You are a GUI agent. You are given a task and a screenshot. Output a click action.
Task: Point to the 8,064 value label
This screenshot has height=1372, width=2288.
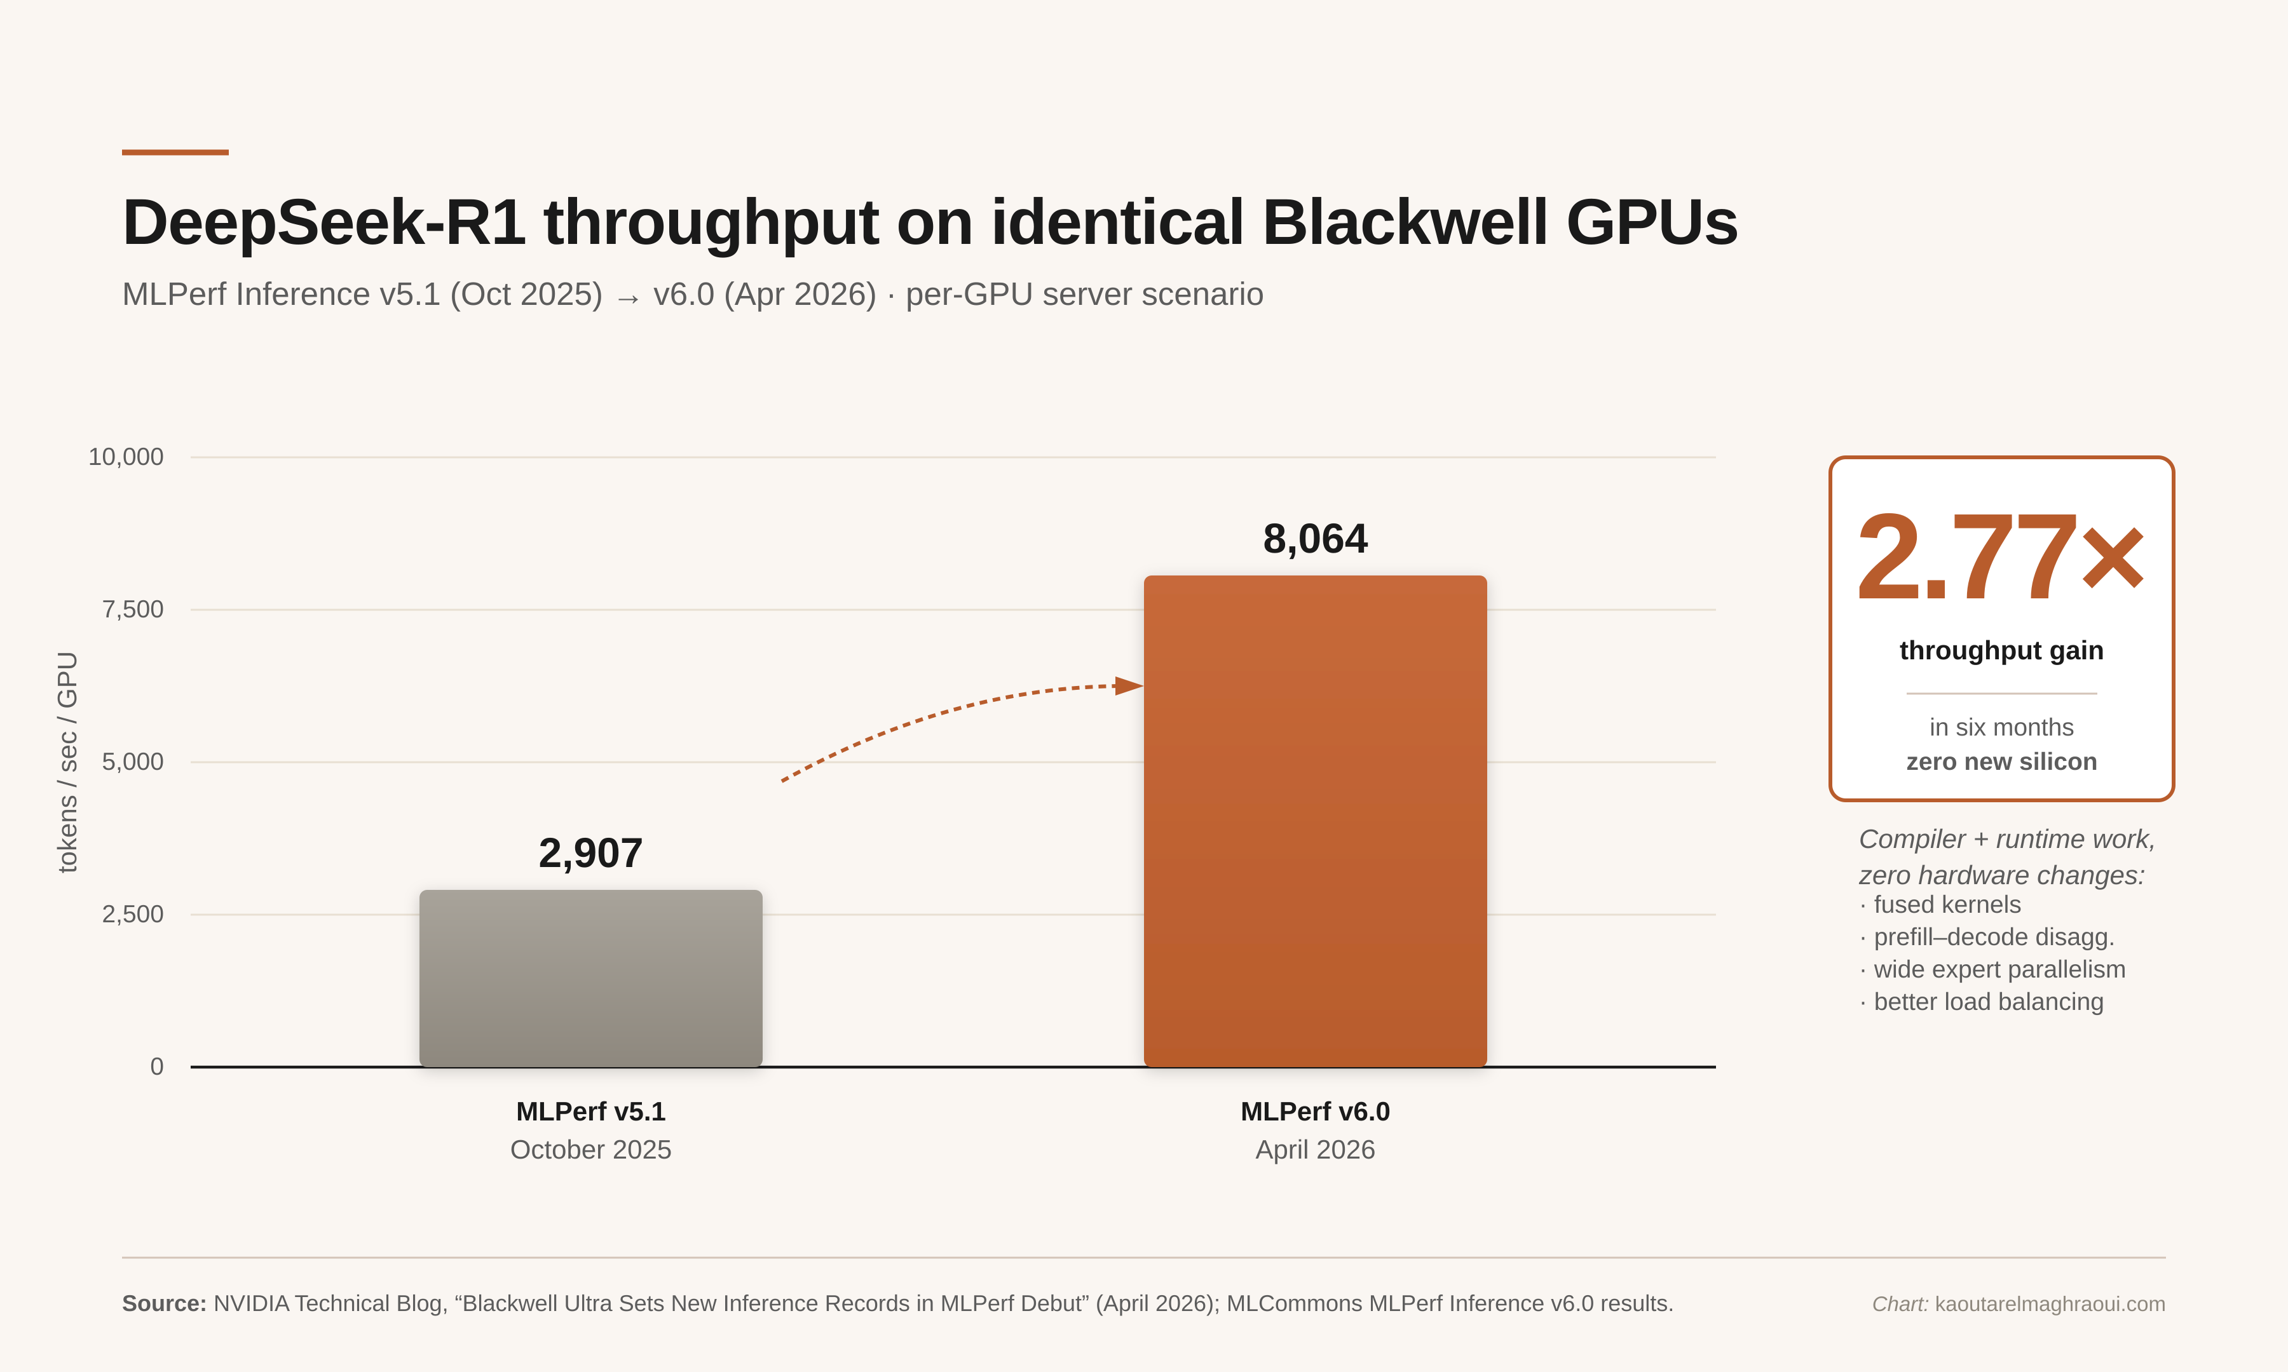(1314, 538)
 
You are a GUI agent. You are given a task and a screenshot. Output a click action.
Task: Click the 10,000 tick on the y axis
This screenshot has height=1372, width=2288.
(126, 457)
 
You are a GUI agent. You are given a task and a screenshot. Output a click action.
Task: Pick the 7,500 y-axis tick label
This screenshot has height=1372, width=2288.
(132, 609)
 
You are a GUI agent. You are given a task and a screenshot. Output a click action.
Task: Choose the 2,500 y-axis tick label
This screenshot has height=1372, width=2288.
(132, 915)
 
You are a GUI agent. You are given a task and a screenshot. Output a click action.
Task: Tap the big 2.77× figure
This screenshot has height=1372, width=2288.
(1999, 558)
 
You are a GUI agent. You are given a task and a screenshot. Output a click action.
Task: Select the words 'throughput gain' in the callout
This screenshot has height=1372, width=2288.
(2000, 650)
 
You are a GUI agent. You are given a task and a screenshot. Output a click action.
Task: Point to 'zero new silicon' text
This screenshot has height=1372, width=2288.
(2000, 762)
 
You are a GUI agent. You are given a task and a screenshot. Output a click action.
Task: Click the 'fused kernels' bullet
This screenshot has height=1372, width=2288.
(1946, 905)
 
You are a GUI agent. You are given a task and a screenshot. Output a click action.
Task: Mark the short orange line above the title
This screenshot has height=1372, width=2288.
(175, 152)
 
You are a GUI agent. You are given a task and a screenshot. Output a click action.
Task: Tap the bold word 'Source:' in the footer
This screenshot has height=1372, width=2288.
(164, 1303)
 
